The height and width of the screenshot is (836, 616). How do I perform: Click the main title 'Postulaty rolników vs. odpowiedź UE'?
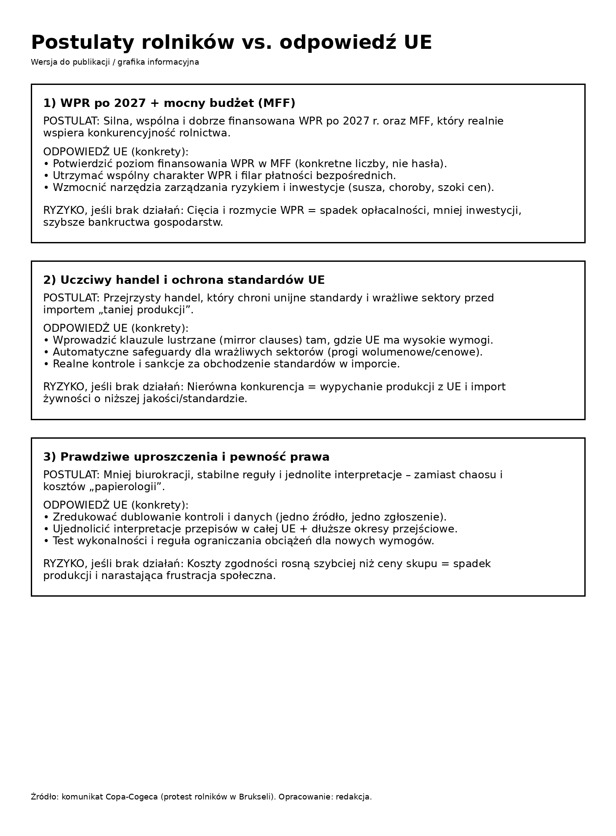[231, 43]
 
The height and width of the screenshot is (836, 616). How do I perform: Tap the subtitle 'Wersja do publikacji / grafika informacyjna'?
[115, 62]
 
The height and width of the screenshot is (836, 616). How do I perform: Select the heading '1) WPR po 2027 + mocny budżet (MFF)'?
[169, 103]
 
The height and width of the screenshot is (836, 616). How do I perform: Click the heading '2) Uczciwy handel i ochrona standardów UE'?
[184, 280]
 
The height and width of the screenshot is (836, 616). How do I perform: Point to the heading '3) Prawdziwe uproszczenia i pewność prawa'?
[186, 457]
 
